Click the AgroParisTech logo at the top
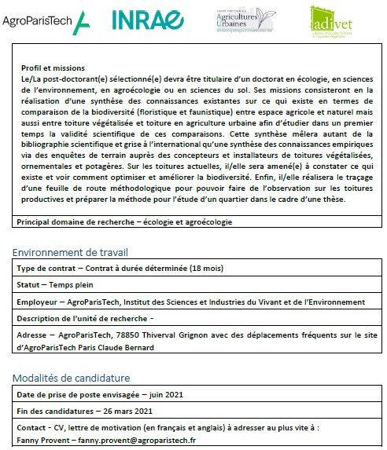[45, 23]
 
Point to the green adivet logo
[328, 21]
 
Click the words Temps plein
[72, 286]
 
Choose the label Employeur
[39, 302]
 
